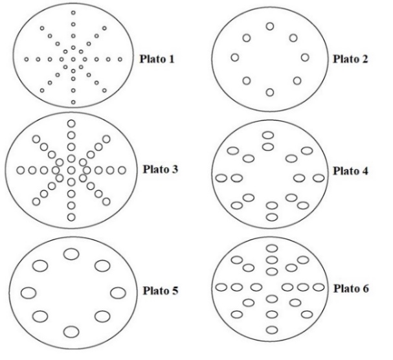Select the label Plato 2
coord(352,59)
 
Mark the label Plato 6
coord(352,287)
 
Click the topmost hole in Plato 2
coord(270,27)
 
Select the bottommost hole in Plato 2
coord(270,92)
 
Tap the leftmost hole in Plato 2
coord(235,58)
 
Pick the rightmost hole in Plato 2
coord(305,58)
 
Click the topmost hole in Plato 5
coord(71,253)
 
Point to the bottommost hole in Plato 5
coord(71,332)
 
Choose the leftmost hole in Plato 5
coord(28,292)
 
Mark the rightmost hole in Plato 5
coord(117,292)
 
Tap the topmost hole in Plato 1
coord(73,13)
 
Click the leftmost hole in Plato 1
coord(27,60)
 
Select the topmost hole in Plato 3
coord(71,123)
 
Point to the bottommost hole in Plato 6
coord(272,330)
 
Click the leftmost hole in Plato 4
coord(221,177)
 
